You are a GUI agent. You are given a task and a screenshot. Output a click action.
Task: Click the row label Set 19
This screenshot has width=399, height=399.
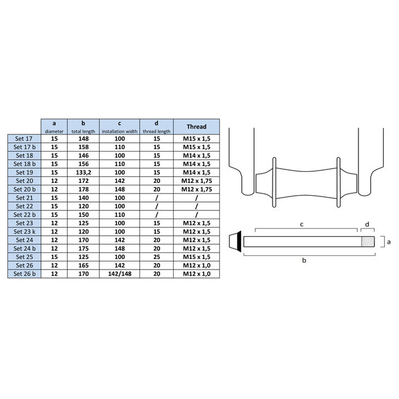(24, 172)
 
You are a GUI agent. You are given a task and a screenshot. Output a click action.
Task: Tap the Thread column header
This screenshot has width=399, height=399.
(196, 126)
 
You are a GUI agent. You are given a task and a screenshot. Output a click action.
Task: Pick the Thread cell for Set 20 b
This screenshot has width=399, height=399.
(196, 190)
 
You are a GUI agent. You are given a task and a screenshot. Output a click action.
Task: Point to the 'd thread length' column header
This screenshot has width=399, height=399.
(156, 126)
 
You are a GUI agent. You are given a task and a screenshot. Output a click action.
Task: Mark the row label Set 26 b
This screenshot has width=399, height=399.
(24, 276)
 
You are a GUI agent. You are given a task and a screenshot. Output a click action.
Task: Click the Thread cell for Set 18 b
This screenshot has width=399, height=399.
(196, 164)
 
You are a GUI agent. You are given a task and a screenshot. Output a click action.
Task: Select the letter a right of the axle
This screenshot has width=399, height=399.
(388, 242)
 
